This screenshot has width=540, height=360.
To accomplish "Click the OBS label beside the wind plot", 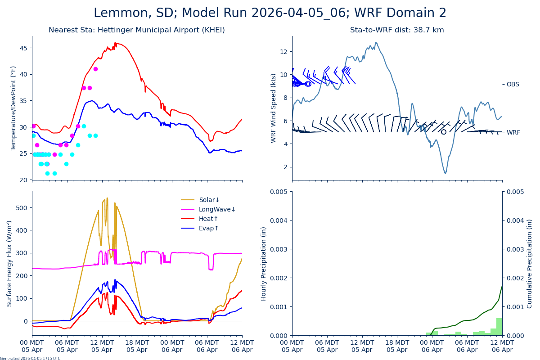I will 513,84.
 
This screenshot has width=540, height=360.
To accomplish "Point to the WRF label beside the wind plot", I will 513,132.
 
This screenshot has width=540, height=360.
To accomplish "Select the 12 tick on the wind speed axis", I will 283,52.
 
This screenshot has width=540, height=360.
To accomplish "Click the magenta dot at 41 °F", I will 95,69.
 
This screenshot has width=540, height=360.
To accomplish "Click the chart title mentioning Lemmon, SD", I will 270,13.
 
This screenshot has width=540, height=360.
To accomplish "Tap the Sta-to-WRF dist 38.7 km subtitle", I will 397,30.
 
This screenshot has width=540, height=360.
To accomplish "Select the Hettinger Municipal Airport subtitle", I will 137,30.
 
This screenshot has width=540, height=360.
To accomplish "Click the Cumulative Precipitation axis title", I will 530,263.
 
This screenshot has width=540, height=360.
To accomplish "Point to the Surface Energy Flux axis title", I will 9,263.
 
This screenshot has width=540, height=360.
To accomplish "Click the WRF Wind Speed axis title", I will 273,108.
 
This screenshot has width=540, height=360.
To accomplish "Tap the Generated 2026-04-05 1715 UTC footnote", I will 30,358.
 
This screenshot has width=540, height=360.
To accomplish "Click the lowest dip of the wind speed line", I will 445,173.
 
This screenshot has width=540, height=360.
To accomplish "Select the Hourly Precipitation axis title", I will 264,263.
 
